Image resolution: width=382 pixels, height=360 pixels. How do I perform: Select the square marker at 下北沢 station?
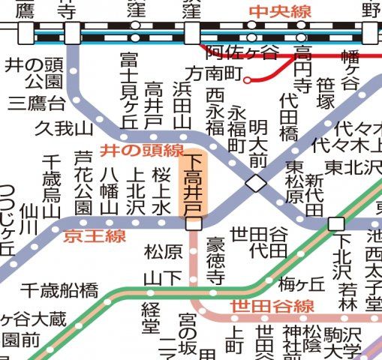click(x=336, y=223)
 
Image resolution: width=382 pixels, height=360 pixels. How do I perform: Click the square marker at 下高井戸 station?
click(x=194, y=223)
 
